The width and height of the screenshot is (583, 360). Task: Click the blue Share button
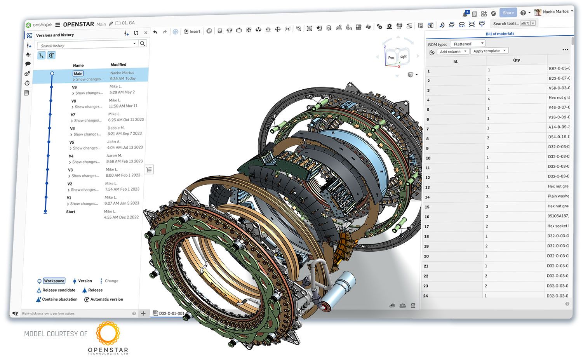point(508,13)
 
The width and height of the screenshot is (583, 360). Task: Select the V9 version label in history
point(74,87)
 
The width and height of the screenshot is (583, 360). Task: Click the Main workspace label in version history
point(78,73)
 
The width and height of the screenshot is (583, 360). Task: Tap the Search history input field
point(85,45)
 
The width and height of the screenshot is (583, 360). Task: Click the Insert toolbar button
point(192,31)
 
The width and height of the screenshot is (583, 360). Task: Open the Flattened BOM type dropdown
point(468,44)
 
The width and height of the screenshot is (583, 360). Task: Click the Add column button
point(452,52)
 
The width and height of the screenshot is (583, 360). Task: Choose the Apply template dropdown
point(489,51)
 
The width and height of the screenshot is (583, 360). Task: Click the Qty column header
point(516,60)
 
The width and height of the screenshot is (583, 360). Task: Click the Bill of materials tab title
point(500,34)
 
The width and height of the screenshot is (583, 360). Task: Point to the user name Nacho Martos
point(555,12)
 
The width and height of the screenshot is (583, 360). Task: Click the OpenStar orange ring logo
point(108,333)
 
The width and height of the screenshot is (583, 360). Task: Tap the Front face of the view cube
point(391,58)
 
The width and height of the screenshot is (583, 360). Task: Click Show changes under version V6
point(87,134)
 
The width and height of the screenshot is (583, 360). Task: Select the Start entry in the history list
point(70,212)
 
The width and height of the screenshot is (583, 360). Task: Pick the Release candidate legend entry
point(58,290)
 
